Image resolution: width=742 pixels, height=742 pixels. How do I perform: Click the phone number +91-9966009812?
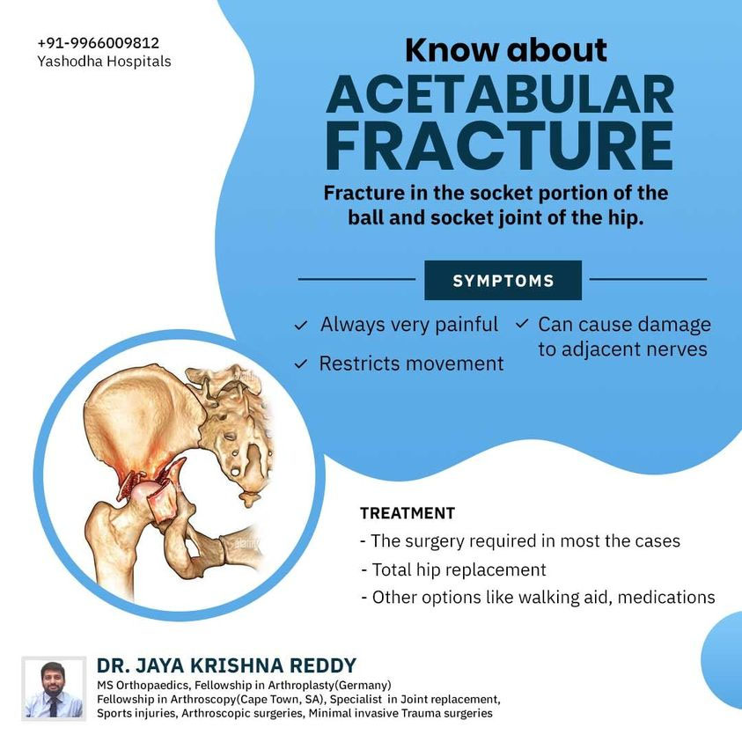pos(99,43)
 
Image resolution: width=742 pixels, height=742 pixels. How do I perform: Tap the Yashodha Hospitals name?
pos(104,62)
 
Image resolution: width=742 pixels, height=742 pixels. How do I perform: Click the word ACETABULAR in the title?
pos(500,94)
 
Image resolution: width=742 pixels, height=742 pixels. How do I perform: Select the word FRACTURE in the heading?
pos(499,145)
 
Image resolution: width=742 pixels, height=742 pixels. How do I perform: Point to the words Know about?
pos(506,49)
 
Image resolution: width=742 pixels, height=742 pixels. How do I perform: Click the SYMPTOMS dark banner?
pos(503,280)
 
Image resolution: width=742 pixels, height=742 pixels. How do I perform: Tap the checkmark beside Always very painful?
pos(301,326)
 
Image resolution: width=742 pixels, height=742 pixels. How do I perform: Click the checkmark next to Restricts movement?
pos(301,364)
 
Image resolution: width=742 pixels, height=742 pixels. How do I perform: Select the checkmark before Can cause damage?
pos(521,324)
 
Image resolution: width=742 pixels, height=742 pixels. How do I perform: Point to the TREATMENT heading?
pos(408,513)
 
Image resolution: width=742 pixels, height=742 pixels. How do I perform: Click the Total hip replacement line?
pos(454,569)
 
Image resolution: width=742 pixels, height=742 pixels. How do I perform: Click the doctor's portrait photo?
pos(54,688)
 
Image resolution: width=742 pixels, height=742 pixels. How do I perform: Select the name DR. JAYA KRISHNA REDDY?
pos(227,665)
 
